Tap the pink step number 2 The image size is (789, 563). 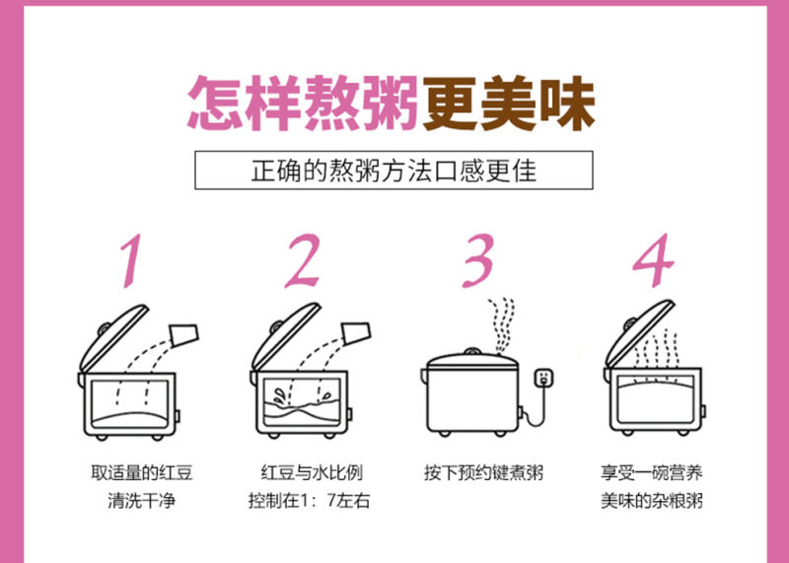303,260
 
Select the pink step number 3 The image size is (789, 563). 478,260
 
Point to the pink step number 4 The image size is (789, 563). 653,260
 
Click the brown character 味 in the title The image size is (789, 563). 568,104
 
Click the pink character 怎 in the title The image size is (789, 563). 216,104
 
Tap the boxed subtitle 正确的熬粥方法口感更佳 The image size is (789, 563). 394,170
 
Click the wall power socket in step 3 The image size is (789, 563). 543,379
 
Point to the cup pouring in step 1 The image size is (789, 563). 184,334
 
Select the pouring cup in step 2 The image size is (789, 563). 356,332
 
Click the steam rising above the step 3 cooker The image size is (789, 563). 501,325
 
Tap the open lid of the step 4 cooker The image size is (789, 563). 639,333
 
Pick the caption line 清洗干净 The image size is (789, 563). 141,501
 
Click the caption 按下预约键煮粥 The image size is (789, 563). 483,473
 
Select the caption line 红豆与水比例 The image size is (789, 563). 312,473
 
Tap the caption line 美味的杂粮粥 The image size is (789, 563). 652,501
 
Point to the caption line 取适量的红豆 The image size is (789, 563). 141,473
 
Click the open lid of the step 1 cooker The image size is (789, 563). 113,338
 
